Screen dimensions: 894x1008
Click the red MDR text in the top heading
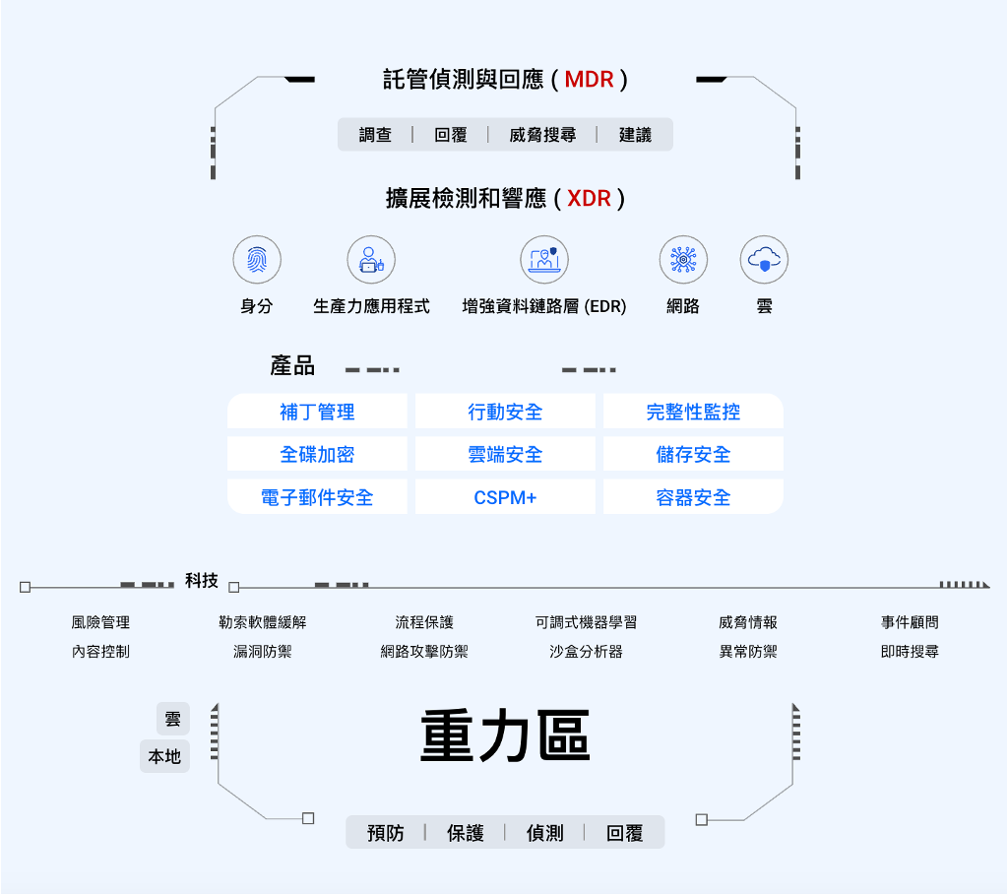coord(590,80)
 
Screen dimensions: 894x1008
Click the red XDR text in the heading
coord(589,199)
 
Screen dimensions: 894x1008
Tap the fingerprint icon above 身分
coord(257,260)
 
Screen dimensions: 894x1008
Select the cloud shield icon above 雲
coord(764,260)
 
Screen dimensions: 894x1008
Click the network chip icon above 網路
coord(682,260)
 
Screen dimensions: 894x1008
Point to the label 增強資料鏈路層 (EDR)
coord(544,306)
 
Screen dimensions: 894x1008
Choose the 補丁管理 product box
coord(317,412)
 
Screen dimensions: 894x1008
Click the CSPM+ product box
coord(505,497)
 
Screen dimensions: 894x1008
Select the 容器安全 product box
coord(693,497)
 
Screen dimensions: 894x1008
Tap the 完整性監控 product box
coord(693,412)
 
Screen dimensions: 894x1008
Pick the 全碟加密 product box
coord(317,455)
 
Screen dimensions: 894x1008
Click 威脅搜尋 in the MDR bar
coord(542,135)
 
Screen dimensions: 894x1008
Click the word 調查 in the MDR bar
coord(375,135)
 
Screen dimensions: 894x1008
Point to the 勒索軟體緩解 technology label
coord(263,622)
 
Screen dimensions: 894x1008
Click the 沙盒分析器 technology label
coord(586,652)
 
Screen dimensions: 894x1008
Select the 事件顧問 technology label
coord(910,622)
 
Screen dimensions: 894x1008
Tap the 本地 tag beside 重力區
coord(164,756)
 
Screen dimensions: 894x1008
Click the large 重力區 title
coord(505,737)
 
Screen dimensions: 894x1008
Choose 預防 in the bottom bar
coord(386,833)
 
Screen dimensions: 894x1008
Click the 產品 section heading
coord(292,366)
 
